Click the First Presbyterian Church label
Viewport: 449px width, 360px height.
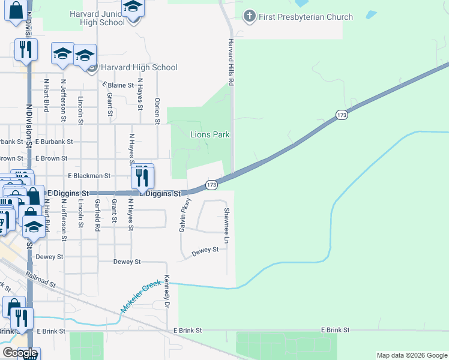coord(306,17)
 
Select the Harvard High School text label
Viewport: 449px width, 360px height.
coord(139,68)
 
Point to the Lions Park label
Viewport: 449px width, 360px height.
coord(210,134)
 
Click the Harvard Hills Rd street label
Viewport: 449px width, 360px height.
coord(230,61)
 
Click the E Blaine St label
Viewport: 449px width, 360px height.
coord(117,85)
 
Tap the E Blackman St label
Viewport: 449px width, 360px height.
coord(89,176)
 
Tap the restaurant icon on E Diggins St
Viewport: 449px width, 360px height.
coord(143,176)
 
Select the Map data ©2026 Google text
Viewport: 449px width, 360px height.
coord(411,355)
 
